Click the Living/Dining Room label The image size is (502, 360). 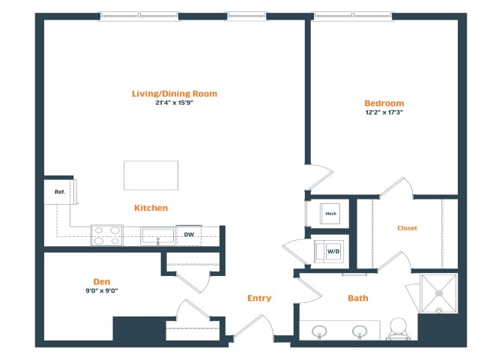pos(175,94)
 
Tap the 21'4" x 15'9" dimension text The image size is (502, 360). pos(175,103)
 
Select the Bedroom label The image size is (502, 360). pos(384,103)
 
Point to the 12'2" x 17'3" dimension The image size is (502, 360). pos(384,112)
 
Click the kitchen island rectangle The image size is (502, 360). pos(151,175)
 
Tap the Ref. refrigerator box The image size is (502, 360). pos(60,192)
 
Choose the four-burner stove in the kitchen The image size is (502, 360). pos(107,235)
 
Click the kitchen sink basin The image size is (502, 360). pos(158,236)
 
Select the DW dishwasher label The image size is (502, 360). pos(189,235)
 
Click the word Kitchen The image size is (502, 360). pos(151,208)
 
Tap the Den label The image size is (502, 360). pos(102,282)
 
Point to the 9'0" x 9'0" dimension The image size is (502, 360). pos(102,291)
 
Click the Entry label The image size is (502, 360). pos(259,298)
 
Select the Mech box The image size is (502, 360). pos(330,214)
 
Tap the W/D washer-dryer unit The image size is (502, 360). pos(329,252)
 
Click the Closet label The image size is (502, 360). pos(408,228)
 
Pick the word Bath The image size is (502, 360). pos(358,298)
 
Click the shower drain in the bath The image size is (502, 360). pos(438,293)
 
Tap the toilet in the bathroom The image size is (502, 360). pos(399,329)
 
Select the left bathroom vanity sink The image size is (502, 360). pos(319,331)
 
